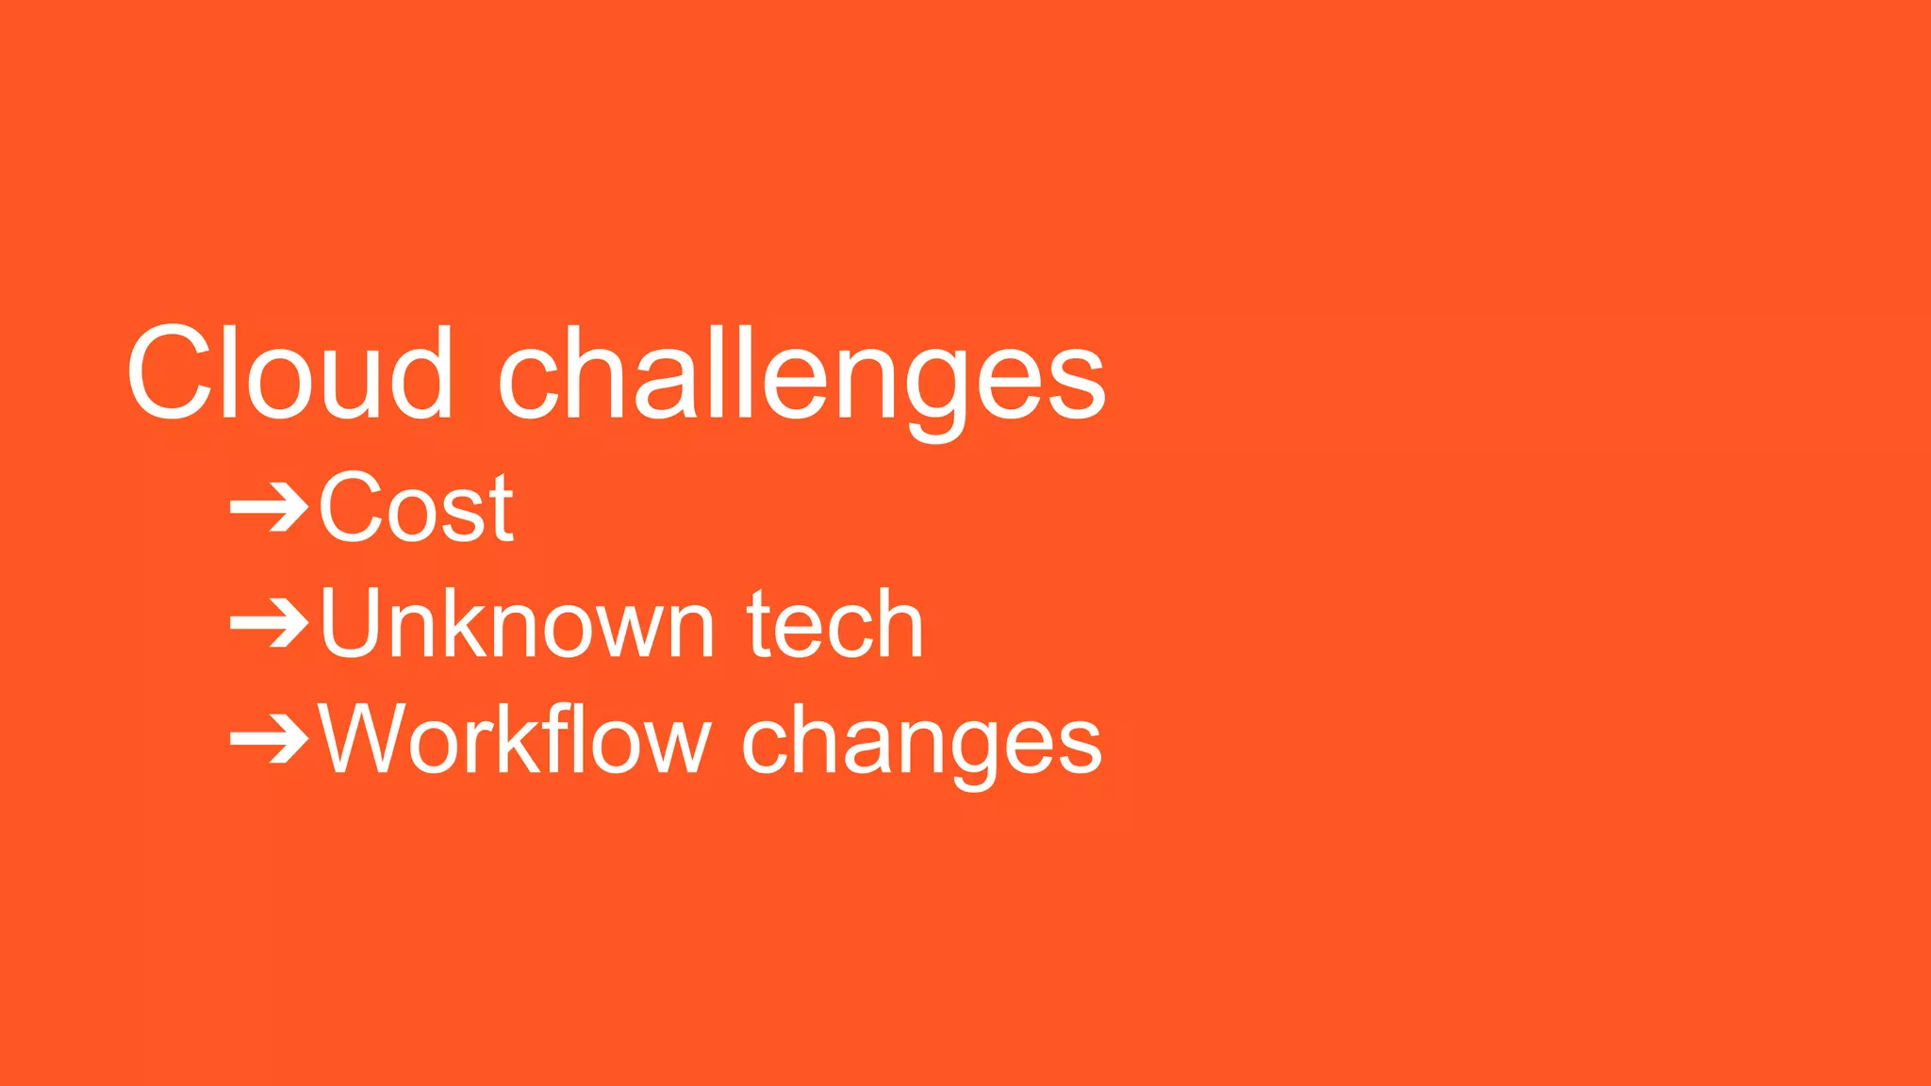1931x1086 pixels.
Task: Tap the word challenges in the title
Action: pos(800,377)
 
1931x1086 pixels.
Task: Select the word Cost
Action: pos(416,508)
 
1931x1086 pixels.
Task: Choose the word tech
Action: pos(835,624)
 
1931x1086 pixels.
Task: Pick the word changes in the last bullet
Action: pos(921,745)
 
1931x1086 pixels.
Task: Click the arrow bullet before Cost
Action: pos(270,509)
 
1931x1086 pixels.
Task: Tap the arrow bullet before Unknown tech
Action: pos(270,625)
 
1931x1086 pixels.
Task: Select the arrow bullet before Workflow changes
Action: pos(270,741)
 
